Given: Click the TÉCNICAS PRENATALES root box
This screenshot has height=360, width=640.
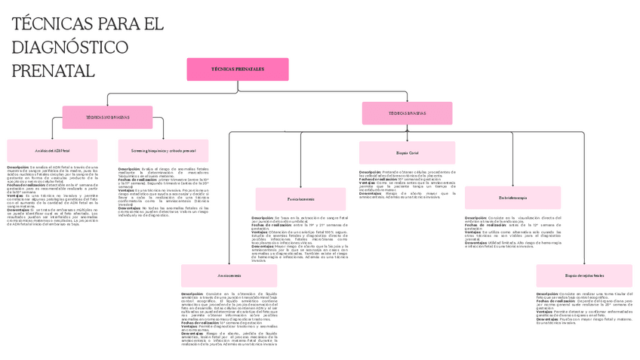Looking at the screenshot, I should coord(238,69).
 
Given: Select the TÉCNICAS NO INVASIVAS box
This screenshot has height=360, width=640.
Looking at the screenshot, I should coord(107,117).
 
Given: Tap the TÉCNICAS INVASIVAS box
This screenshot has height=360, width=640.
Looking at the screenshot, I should coord(407,113).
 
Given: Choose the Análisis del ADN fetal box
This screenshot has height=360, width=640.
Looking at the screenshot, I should coord(52,151).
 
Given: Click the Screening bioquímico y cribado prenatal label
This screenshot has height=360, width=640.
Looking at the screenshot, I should coord(163,151).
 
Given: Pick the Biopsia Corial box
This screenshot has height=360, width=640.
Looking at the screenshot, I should coord(407,153).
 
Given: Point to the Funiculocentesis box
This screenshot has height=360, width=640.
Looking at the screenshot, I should coord(300,199).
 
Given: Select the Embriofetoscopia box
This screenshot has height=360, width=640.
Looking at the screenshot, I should coord(512,198).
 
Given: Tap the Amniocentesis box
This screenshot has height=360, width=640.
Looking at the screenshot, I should coord(229,275).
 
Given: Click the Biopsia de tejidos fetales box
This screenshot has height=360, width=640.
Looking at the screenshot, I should coord(584,276).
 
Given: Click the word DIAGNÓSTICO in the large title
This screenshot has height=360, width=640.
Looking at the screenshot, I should coord(70,48).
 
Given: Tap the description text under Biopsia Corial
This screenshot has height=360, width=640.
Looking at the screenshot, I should coord(407,183).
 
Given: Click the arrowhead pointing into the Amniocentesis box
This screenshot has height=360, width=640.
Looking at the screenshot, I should coord(229,263).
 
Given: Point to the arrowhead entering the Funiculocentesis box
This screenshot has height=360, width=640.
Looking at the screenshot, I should coord(300,186).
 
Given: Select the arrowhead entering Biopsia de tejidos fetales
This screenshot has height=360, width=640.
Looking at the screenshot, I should coord(584,263).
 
